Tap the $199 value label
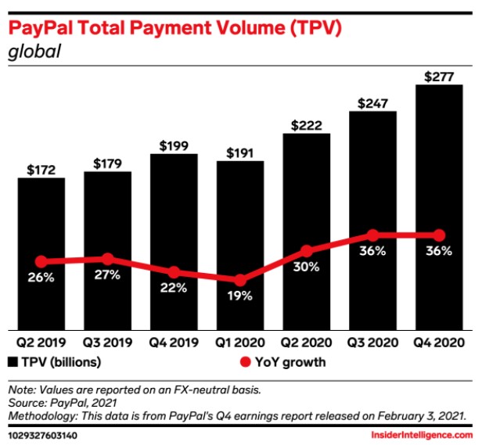[174, 145]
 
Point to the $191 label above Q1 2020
[240, 153]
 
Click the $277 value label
[439, 76]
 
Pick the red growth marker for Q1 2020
[240, 280]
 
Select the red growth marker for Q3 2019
[107, 259]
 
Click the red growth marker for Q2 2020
[307, 251]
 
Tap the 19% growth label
[240, 296]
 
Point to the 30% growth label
[307, 267]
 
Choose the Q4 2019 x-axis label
[174, 343]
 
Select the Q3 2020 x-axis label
[373, 343]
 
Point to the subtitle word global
[34, 53]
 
